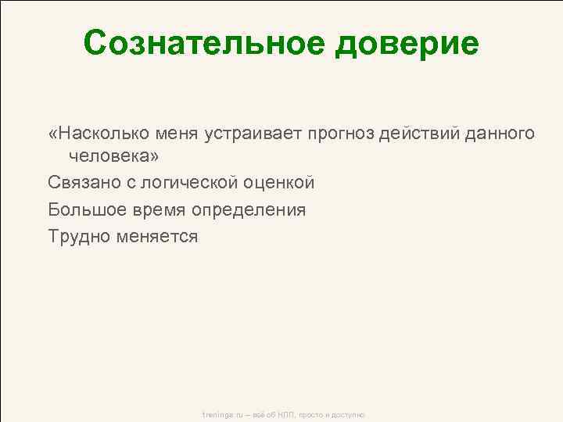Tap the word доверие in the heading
406,45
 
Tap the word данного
501,134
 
